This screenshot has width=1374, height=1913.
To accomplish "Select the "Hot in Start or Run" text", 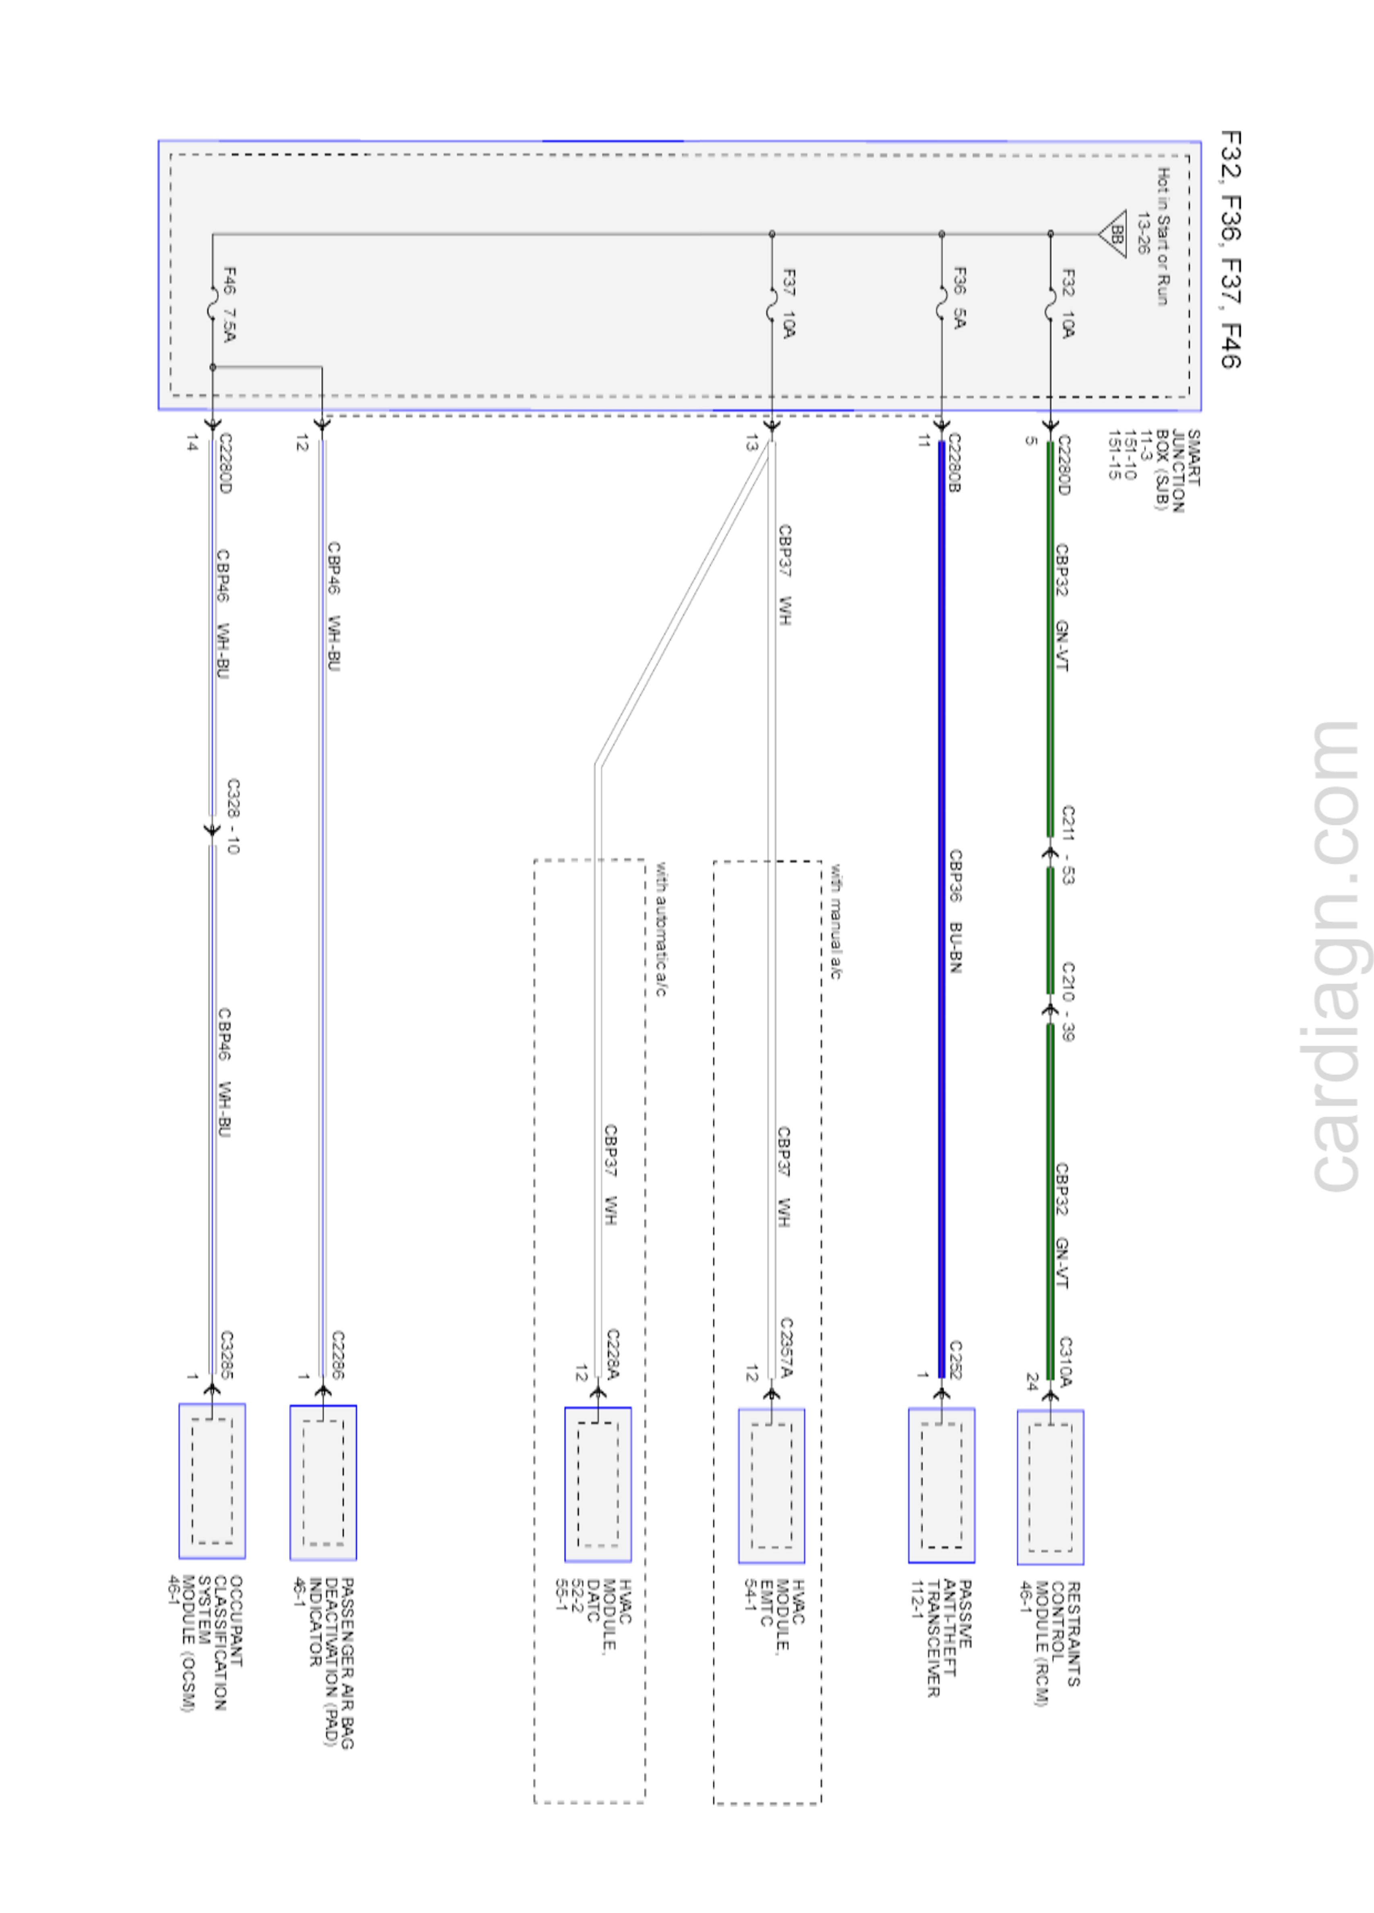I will (x=1162, y=236).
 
